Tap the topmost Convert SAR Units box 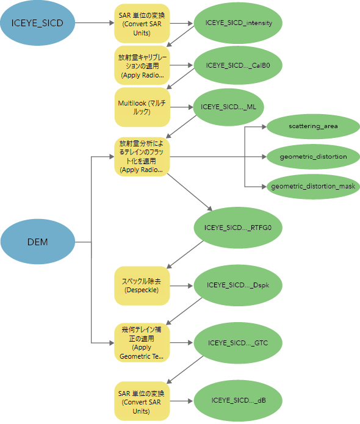coord(142,23)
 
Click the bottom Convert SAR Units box coord(142,400)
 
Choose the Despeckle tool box coord(142,286)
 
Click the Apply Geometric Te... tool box coord(142,343)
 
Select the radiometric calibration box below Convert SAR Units coord(142,65)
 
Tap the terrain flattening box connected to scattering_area coord(142,157)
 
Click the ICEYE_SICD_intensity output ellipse coord(239,23)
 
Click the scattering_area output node coord(313,126)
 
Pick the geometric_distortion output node coord(313,156)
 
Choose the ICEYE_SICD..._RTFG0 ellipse coord(239,229)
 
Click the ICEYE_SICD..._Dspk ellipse coord(238,285)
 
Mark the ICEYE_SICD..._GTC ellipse coord(238,343)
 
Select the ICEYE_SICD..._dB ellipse coord(238,400)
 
